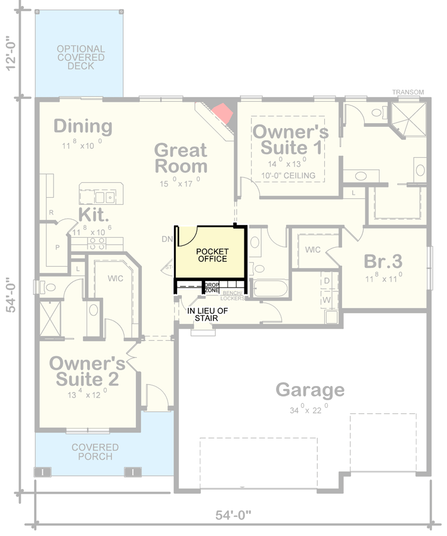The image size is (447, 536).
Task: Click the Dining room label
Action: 83,126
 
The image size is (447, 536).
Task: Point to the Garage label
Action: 309,390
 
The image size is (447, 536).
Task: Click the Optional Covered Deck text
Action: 80,57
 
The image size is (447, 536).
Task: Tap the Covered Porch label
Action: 95,451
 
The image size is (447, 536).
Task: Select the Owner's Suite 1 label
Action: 290,139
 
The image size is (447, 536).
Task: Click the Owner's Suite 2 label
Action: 87,370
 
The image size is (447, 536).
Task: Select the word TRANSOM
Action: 408,92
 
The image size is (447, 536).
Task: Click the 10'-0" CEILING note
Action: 289,176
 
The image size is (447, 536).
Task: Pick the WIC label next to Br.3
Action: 313,250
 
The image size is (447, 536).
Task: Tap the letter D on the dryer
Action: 327,280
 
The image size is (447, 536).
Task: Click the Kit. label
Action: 92,214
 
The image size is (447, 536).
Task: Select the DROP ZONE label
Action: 212,288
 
